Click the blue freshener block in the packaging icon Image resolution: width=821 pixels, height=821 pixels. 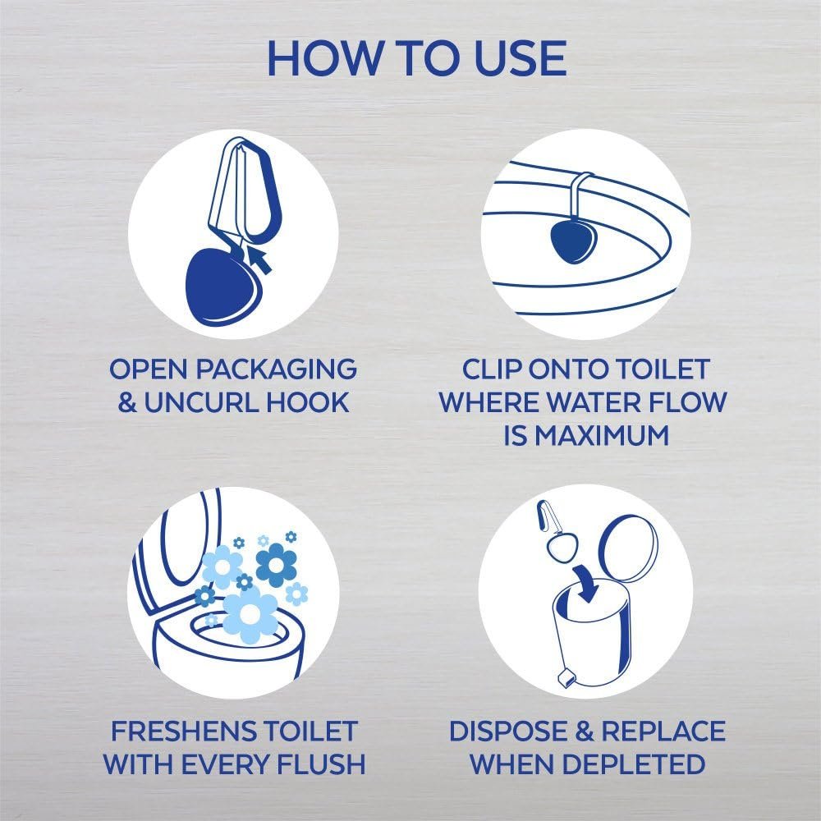216,277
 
